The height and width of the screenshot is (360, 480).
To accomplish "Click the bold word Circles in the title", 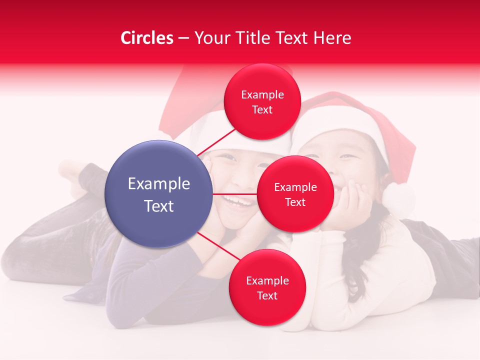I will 147,38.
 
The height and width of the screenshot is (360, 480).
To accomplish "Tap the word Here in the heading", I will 332,38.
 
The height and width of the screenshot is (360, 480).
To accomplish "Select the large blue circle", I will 158,194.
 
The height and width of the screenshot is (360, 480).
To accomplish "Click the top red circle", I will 262,101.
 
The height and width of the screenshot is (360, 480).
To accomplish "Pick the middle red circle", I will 295,194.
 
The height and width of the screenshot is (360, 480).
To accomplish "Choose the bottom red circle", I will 267,287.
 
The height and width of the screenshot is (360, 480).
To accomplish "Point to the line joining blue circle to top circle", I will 216,141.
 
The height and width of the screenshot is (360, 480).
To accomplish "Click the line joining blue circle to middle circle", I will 234,194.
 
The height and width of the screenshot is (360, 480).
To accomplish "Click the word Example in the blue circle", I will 159,184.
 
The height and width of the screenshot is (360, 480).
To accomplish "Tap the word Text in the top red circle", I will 262,109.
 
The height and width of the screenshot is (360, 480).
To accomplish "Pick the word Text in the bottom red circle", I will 267,295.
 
